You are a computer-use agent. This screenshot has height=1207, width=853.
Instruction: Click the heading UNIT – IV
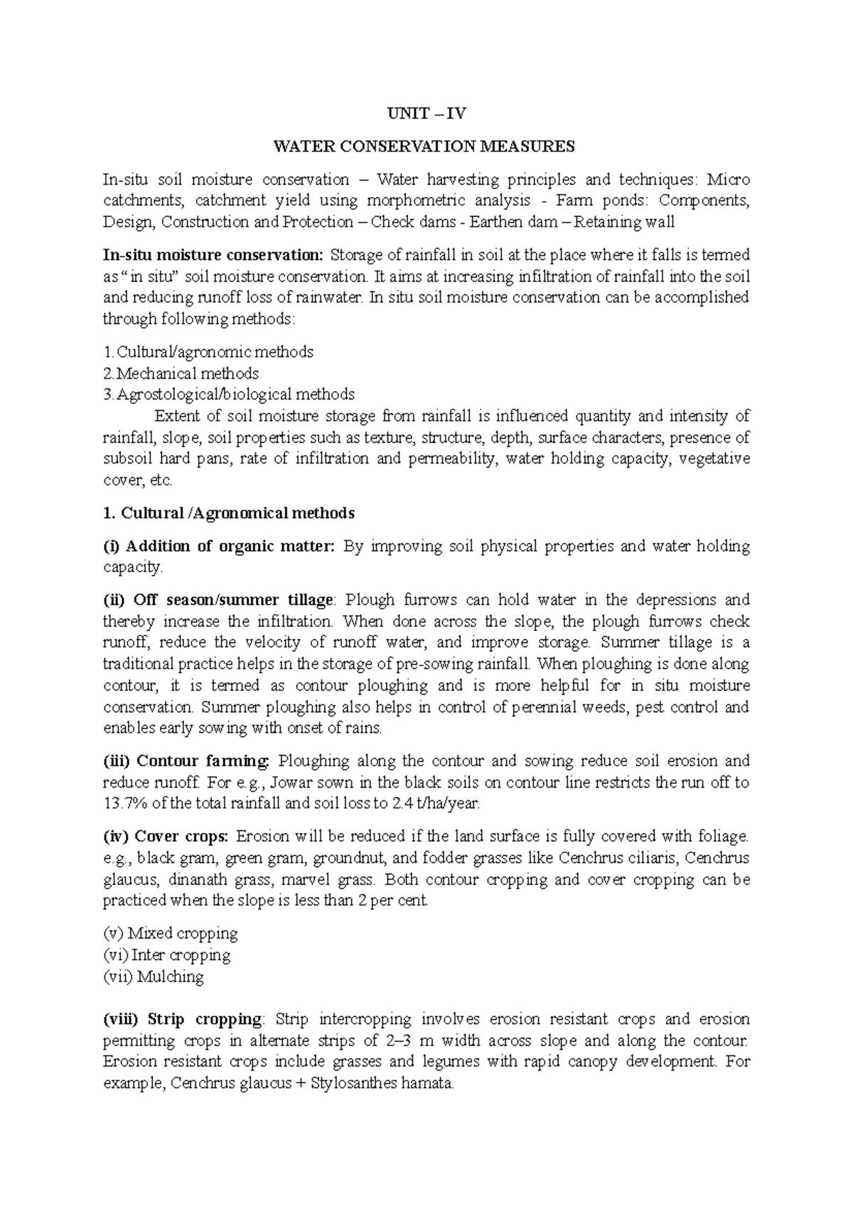pyautogui.click(x=425, y=114)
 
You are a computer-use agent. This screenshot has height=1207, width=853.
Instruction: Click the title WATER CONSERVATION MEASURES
pyautogui.click(x=425, y=147)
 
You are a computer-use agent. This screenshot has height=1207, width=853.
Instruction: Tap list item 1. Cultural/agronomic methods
pyautogui.click(x=208, y=352)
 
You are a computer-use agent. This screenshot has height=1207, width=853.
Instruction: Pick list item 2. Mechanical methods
pyautogui.click(x=181, y=373)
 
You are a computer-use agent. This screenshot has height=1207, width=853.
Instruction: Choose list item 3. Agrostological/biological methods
pyautogui.click(x=229, y=395)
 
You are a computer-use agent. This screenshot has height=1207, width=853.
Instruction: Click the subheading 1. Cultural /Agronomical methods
pyautogui.click(x=228, y=513)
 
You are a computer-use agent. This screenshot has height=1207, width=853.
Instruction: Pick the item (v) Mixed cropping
pyautogui.click(x=171, y=933)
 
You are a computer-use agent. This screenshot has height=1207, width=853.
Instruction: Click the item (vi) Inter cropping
pyautogui.click(x=167, y=955)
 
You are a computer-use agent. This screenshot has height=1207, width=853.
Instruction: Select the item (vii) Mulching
pyautogui.click(x=154, y=977)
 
